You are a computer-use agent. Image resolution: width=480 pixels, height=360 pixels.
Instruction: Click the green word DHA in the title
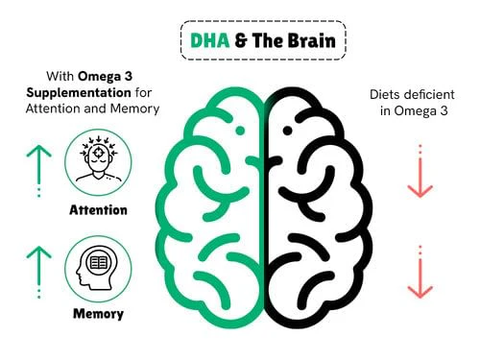(210, 40)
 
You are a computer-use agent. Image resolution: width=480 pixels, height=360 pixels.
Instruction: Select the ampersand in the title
(241, 40)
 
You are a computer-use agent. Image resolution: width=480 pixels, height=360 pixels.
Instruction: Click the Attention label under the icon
(98, 210)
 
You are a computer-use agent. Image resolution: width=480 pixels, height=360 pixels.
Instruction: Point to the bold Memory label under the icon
(98, 314)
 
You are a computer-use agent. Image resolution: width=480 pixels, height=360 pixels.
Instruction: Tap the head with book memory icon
(97, 268)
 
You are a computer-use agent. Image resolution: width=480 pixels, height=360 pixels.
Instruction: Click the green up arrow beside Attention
(39, 171)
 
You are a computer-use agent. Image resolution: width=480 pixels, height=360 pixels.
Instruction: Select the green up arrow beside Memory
(39, 272)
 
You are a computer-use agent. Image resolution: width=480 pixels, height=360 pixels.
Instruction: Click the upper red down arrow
(420, 171)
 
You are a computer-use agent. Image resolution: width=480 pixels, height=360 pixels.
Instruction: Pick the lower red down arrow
(420, 272)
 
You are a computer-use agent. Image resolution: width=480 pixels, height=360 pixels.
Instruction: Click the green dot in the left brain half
(240, 131)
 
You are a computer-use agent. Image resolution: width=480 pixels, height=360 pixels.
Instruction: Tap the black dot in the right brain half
(287, 131)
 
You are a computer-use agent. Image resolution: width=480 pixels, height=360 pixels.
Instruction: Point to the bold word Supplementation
(79, 93)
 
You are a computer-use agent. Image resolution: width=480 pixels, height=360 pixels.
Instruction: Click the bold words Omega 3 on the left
(105, 76)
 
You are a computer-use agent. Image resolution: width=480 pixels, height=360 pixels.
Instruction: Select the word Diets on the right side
(385, 94)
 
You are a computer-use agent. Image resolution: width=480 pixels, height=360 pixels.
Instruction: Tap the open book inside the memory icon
(98, 263)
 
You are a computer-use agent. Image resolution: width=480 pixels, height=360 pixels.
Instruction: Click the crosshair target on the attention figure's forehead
(98, 154)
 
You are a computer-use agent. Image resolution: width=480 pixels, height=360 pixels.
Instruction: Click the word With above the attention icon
(60, 76)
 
